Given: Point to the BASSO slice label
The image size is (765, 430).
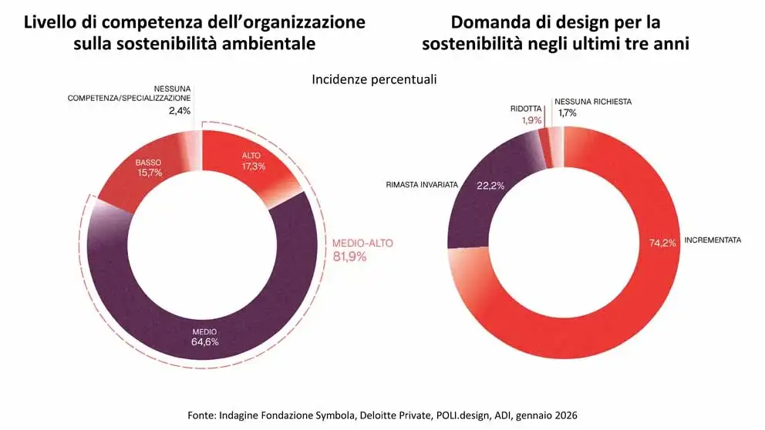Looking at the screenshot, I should pyautogui.click(x=148, y=163).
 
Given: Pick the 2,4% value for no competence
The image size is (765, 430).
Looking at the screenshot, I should pyautogui.click(x=180, y=111).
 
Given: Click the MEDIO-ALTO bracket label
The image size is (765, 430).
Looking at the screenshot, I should pyautogui.click(x=362, y=244).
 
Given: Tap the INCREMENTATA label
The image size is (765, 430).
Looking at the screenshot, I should pyautogui.click(x=713, y=240).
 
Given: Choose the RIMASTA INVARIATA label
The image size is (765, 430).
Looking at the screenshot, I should pyautogui.click(x=422, y=186).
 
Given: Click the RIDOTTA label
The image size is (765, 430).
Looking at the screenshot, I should pyautogui.click(x=526, y=109).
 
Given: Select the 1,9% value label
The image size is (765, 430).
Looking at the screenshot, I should pyautogui.click(x=531, y=119).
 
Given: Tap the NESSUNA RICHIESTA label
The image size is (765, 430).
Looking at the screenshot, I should pyautogui.click(x=594, y=101).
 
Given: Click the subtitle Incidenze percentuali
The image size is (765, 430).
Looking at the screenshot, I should pyautogui.click(x=374, y=79).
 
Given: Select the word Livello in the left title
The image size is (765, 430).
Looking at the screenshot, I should pyautogui.click(x=51, y=22).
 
